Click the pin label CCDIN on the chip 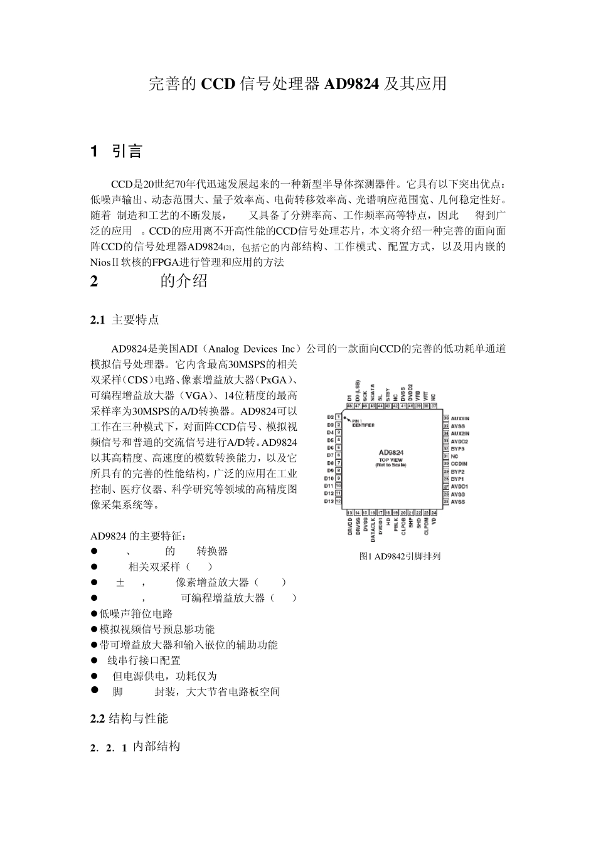coord(459,464)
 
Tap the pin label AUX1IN coord(460,418)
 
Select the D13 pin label coord(329,501)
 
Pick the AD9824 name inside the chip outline coord(391,452)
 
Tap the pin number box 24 coord(434,512)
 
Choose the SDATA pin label coord(373,393)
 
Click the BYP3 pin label coord(458,448)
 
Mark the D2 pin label coord(330,417)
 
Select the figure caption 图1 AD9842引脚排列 coord(400,556)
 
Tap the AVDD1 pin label coord(460,486)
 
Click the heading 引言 coord(127,151)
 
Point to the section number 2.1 coord(97,321)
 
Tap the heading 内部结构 coord(157,746)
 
